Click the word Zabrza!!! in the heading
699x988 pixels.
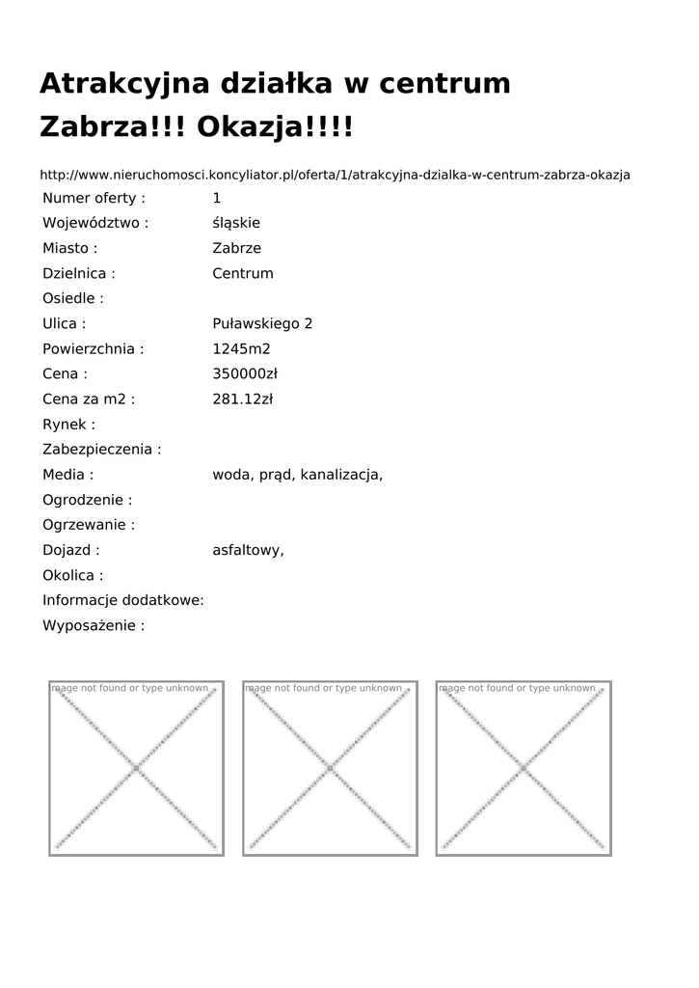pyautogui.click(x=113, y=127)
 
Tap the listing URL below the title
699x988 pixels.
pyautogui.click(x=335, y=175)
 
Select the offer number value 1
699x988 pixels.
pyautogui.click(x=217, y=198)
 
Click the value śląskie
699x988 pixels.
pyautogui.click(x=236, y=223)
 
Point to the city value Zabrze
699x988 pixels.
pyautogui.click(x=236, y=248)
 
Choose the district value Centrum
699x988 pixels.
pyautogui.click(x=243, y=273)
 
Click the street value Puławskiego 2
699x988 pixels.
pyautogui.click(x=262, y=323)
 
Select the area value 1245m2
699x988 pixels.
pyautogui.click(x=241, y=348)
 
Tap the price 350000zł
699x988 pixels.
pyautogui.click(x=245, y=373)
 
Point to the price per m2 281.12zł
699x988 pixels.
pyautogui.click(x=243, y=398)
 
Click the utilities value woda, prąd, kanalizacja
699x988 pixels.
pyautogui.click(x=297, y=475)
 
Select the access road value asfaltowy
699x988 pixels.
pyautogui.click(x=248, y=550)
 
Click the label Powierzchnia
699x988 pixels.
pyautogui.click(x=93, y=348)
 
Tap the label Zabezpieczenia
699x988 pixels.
pyautogui.click(x=101, y=450)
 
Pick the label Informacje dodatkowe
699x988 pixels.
pyautogui.click(x=123, y=600)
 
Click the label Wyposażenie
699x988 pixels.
pyautogui.click(x=94, y=625)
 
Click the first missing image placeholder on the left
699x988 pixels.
pyautogui.click(x=137, y=768)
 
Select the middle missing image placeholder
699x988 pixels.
pyautogui.click(x=330, y=768)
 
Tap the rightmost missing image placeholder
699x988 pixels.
pyautogui.click(x=524, y=768)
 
